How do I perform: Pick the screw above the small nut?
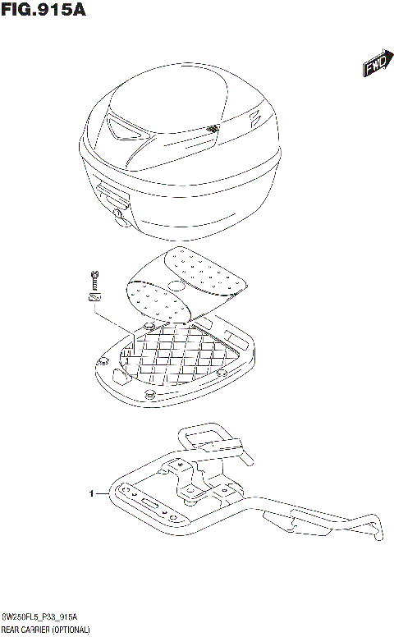tap(95, 279)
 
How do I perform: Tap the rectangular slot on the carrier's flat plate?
tap(150, 501)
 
